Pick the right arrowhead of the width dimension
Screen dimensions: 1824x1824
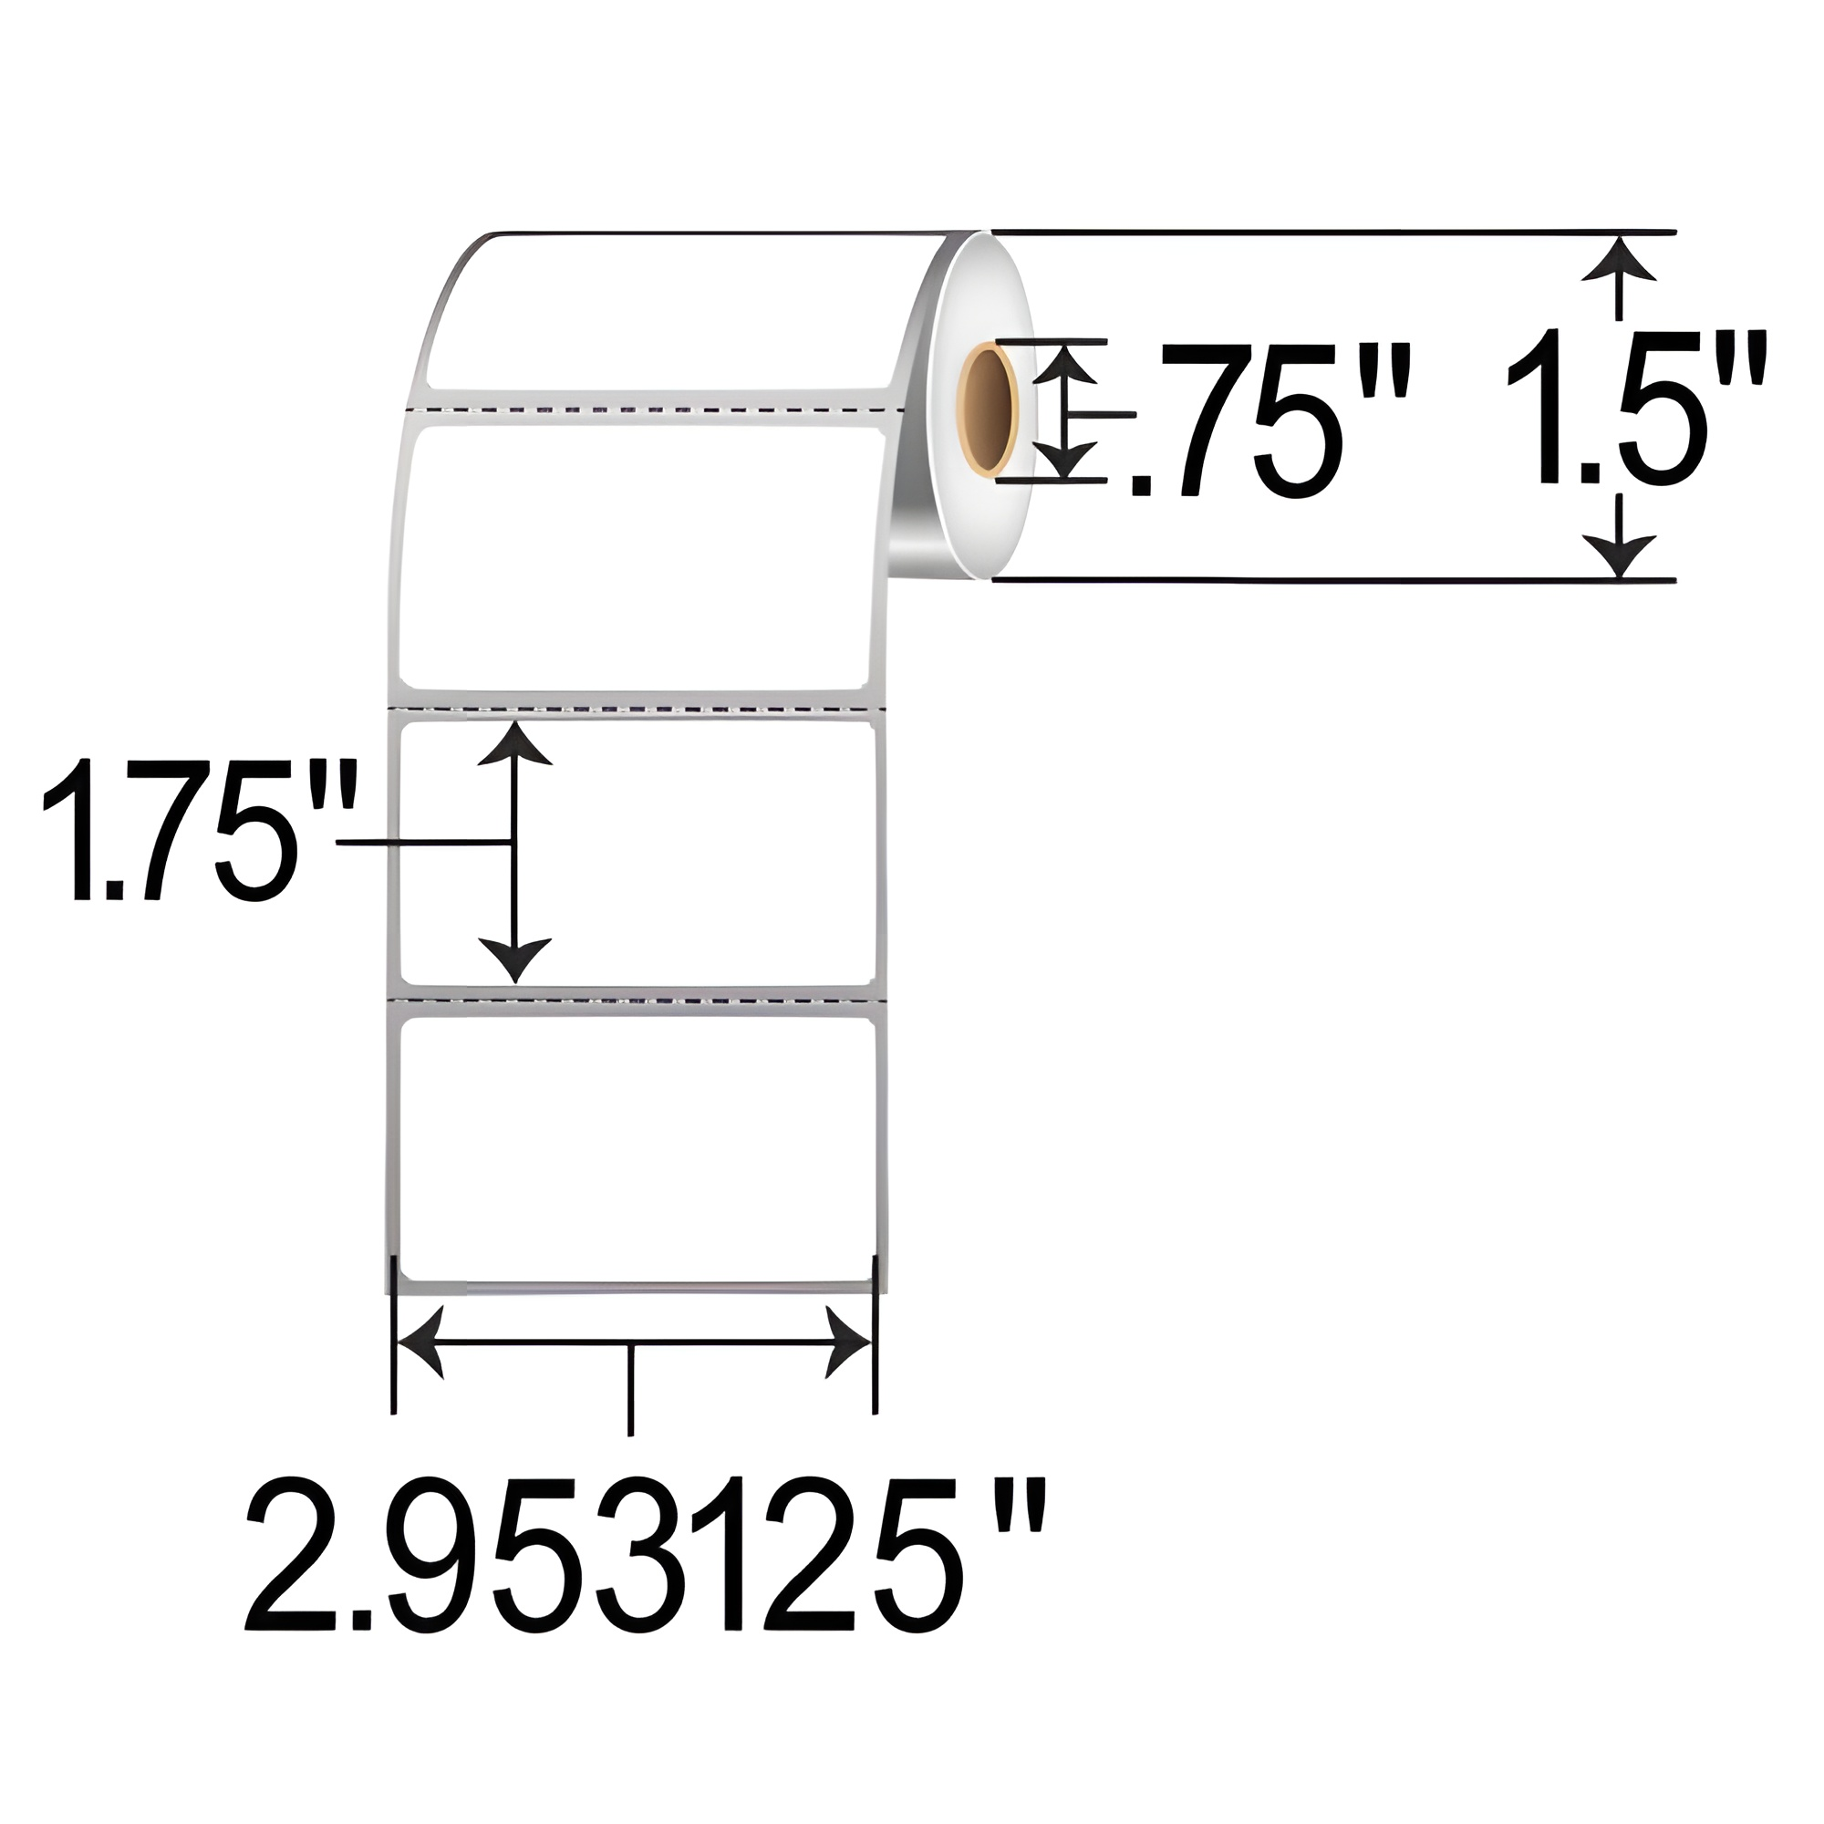(x=849, y=1342)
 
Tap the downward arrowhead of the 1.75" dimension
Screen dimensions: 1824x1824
(x=514, y=959)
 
